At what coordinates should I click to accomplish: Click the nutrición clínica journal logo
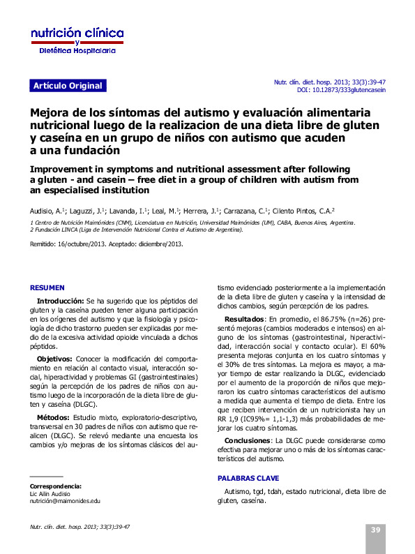click(x=77, y=41)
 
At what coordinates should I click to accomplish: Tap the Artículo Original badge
click(x=67, y=86)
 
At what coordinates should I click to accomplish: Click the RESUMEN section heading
click(x=47, y=287)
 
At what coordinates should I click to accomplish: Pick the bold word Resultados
click(x=243, y=318)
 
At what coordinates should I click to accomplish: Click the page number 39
click(x=375, y=530)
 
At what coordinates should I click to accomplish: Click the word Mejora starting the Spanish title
click(x=50, y=113)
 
